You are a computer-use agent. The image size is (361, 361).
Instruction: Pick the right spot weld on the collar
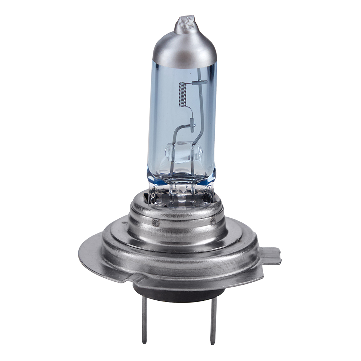[x=213, y=221]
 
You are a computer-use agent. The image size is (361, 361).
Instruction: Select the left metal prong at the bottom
[x=144, y=318]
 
